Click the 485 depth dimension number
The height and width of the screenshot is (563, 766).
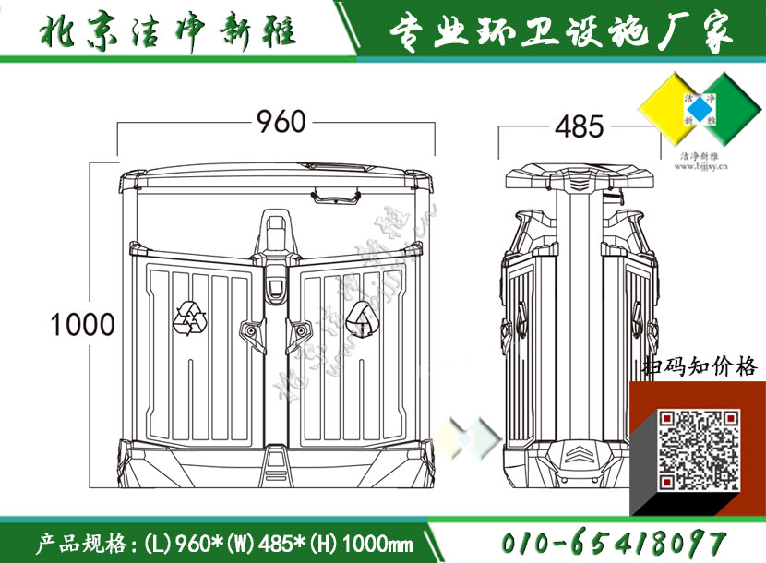(x=579, y=126)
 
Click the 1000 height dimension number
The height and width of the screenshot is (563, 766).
(x=82, y=324)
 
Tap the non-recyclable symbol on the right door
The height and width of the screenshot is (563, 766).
(x=361, y=319)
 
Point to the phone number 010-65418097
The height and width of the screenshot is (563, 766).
(x=615, y=543)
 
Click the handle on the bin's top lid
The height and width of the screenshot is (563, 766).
(x=336, y=195)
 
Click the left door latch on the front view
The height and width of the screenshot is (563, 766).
(x=249, y=329)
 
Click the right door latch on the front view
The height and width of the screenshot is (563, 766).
(x=302, y=329)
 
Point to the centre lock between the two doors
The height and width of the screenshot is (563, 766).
(x=276, y=288)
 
